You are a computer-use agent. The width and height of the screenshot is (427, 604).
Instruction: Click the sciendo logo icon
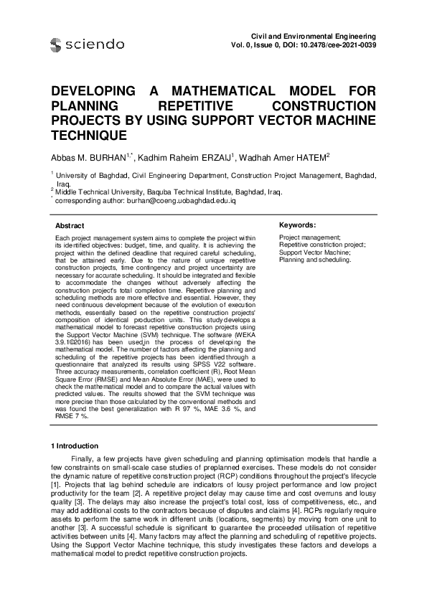click(x=57, y=45)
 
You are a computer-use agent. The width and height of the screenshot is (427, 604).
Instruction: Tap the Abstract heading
click(x=70, y=225)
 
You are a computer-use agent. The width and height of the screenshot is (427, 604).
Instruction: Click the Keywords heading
click(x=296, y=225)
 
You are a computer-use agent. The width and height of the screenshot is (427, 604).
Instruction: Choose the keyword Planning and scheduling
click(x=314, y=260)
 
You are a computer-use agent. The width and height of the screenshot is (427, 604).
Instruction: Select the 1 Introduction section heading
click(x=79, y=446)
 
